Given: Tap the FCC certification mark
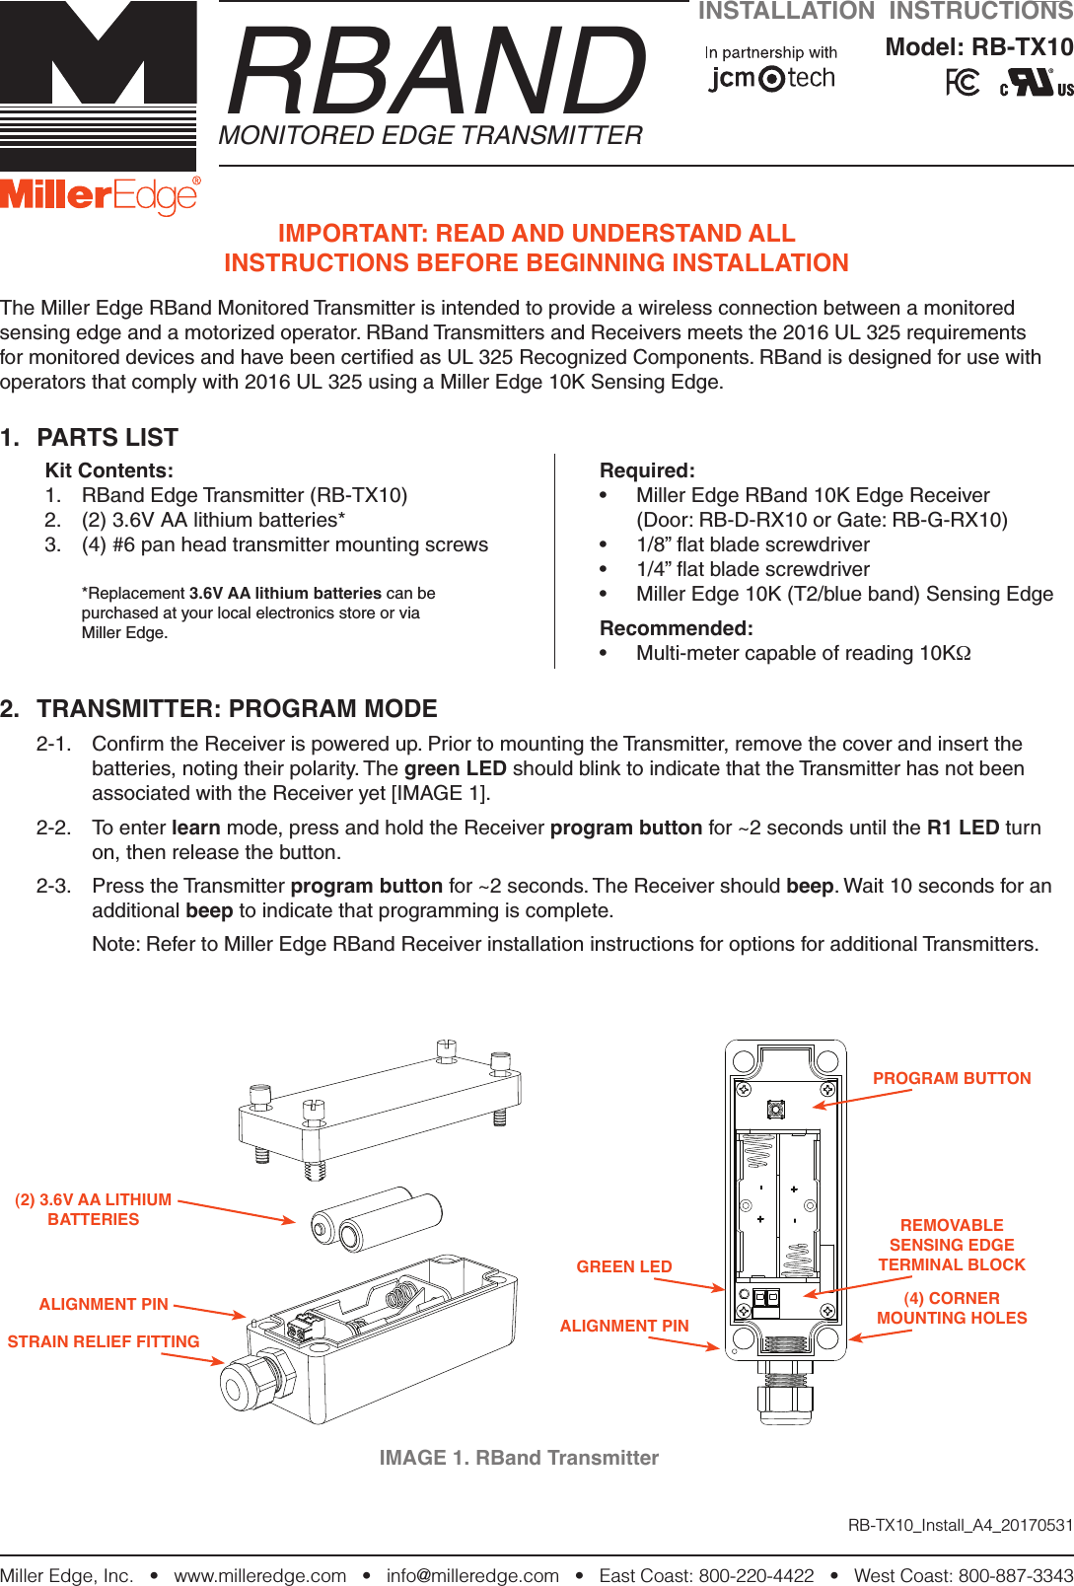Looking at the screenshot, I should (963, 83).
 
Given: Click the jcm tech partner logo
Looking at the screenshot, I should (771, 78).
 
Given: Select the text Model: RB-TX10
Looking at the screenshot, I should (978, 47).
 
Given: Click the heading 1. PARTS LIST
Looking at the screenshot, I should (90, 437).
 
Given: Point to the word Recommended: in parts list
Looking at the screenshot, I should (677, 628).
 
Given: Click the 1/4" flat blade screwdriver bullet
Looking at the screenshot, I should (752, 569).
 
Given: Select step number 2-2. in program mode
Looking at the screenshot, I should (53, 828).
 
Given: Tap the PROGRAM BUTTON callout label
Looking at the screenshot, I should (952, 1078).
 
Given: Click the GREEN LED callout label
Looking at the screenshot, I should (624, 1266).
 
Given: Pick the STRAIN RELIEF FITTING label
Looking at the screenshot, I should (104, 1341).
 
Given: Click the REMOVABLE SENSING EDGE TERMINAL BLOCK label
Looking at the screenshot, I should (952, 1245).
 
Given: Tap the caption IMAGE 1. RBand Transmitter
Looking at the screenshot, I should (519, 1458).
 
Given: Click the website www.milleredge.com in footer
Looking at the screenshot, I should (260, 1575).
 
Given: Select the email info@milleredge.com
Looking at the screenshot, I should (472, 1575).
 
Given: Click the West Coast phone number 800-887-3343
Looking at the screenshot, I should (1016, 1575).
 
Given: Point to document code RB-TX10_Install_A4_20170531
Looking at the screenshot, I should (960, 1525).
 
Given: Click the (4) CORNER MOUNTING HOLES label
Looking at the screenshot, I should (952, 1308).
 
